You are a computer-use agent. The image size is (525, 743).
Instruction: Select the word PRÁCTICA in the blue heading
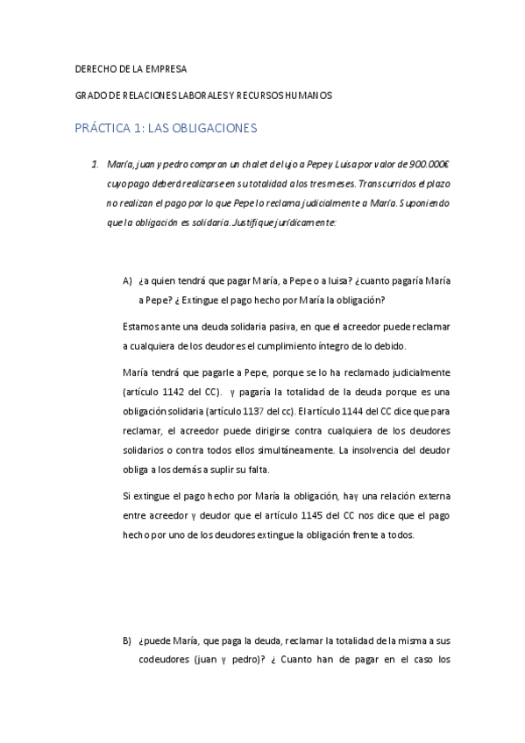(101, 128)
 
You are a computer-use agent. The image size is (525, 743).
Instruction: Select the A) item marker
(127, 281)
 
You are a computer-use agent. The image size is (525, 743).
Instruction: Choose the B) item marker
(127, 640)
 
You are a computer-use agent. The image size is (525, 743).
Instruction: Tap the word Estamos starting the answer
(142, 326)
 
